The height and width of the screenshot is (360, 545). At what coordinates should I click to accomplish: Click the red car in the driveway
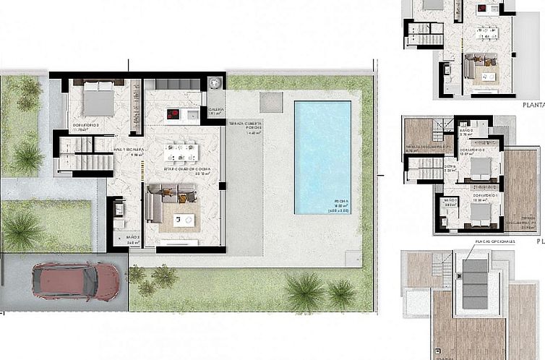click(76, 280)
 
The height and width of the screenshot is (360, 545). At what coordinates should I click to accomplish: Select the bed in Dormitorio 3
click(98, 100)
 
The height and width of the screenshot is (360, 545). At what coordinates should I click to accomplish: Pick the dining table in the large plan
click(180, 152)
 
